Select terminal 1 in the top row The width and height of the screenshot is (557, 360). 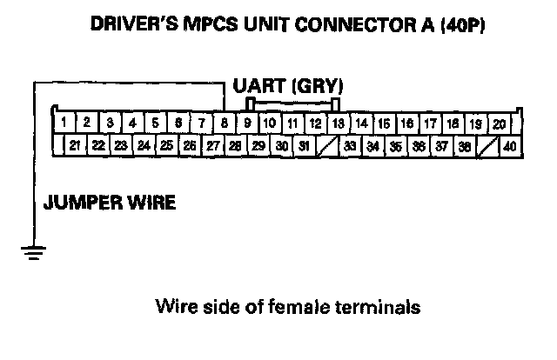point(65,123)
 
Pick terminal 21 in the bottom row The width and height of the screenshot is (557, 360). point(76,145)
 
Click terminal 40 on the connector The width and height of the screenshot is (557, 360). point(509,145)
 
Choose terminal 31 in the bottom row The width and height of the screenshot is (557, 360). point(304,145)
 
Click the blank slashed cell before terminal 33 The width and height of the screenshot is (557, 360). point(326,145)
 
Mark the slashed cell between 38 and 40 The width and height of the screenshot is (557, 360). point(487,145)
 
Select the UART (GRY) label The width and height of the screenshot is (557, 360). point(288,86)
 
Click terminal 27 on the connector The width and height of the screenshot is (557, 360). point(212,145)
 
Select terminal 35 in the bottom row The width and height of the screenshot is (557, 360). point(395,145)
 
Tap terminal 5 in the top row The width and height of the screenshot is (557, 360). point(156,123)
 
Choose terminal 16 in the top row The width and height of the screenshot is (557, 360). point(406,123)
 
